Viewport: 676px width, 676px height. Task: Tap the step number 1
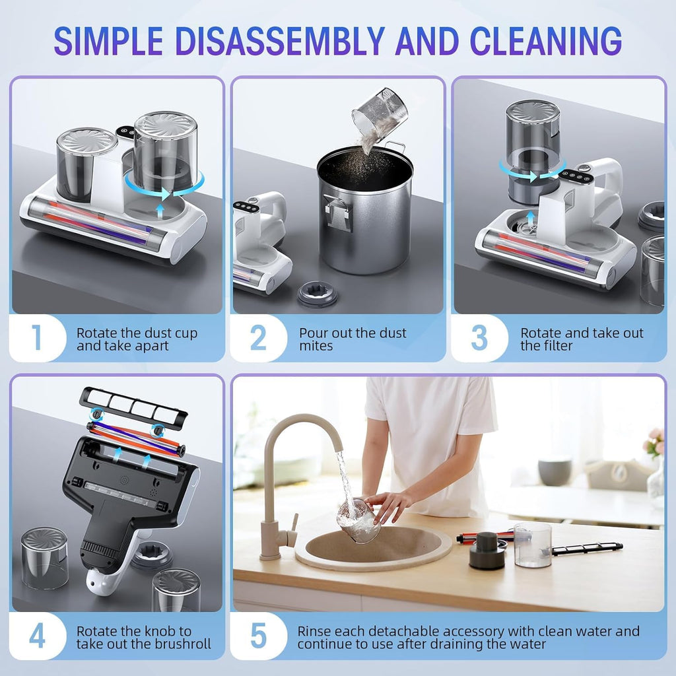pyautogui.click(x=37, y=337)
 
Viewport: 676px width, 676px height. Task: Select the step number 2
pyautogui.click(x=258, y=337)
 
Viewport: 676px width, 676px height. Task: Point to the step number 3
pyautogui.click(x=479, y=337)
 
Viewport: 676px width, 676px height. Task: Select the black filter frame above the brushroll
pyautogui.click(x=133, y=405)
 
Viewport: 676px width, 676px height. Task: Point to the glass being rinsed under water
pyautogui.click(x=358, y=522)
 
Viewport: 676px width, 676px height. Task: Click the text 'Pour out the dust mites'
pyautogui.click(x=353, y=339)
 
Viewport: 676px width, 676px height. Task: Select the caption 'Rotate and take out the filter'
pyautogui.click(x=581, y=339)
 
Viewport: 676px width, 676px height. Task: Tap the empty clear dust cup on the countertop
pyautogui.click(x=532, y=545)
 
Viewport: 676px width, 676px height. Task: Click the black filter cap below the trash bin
pyautogui.click(x=317, y=293)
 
